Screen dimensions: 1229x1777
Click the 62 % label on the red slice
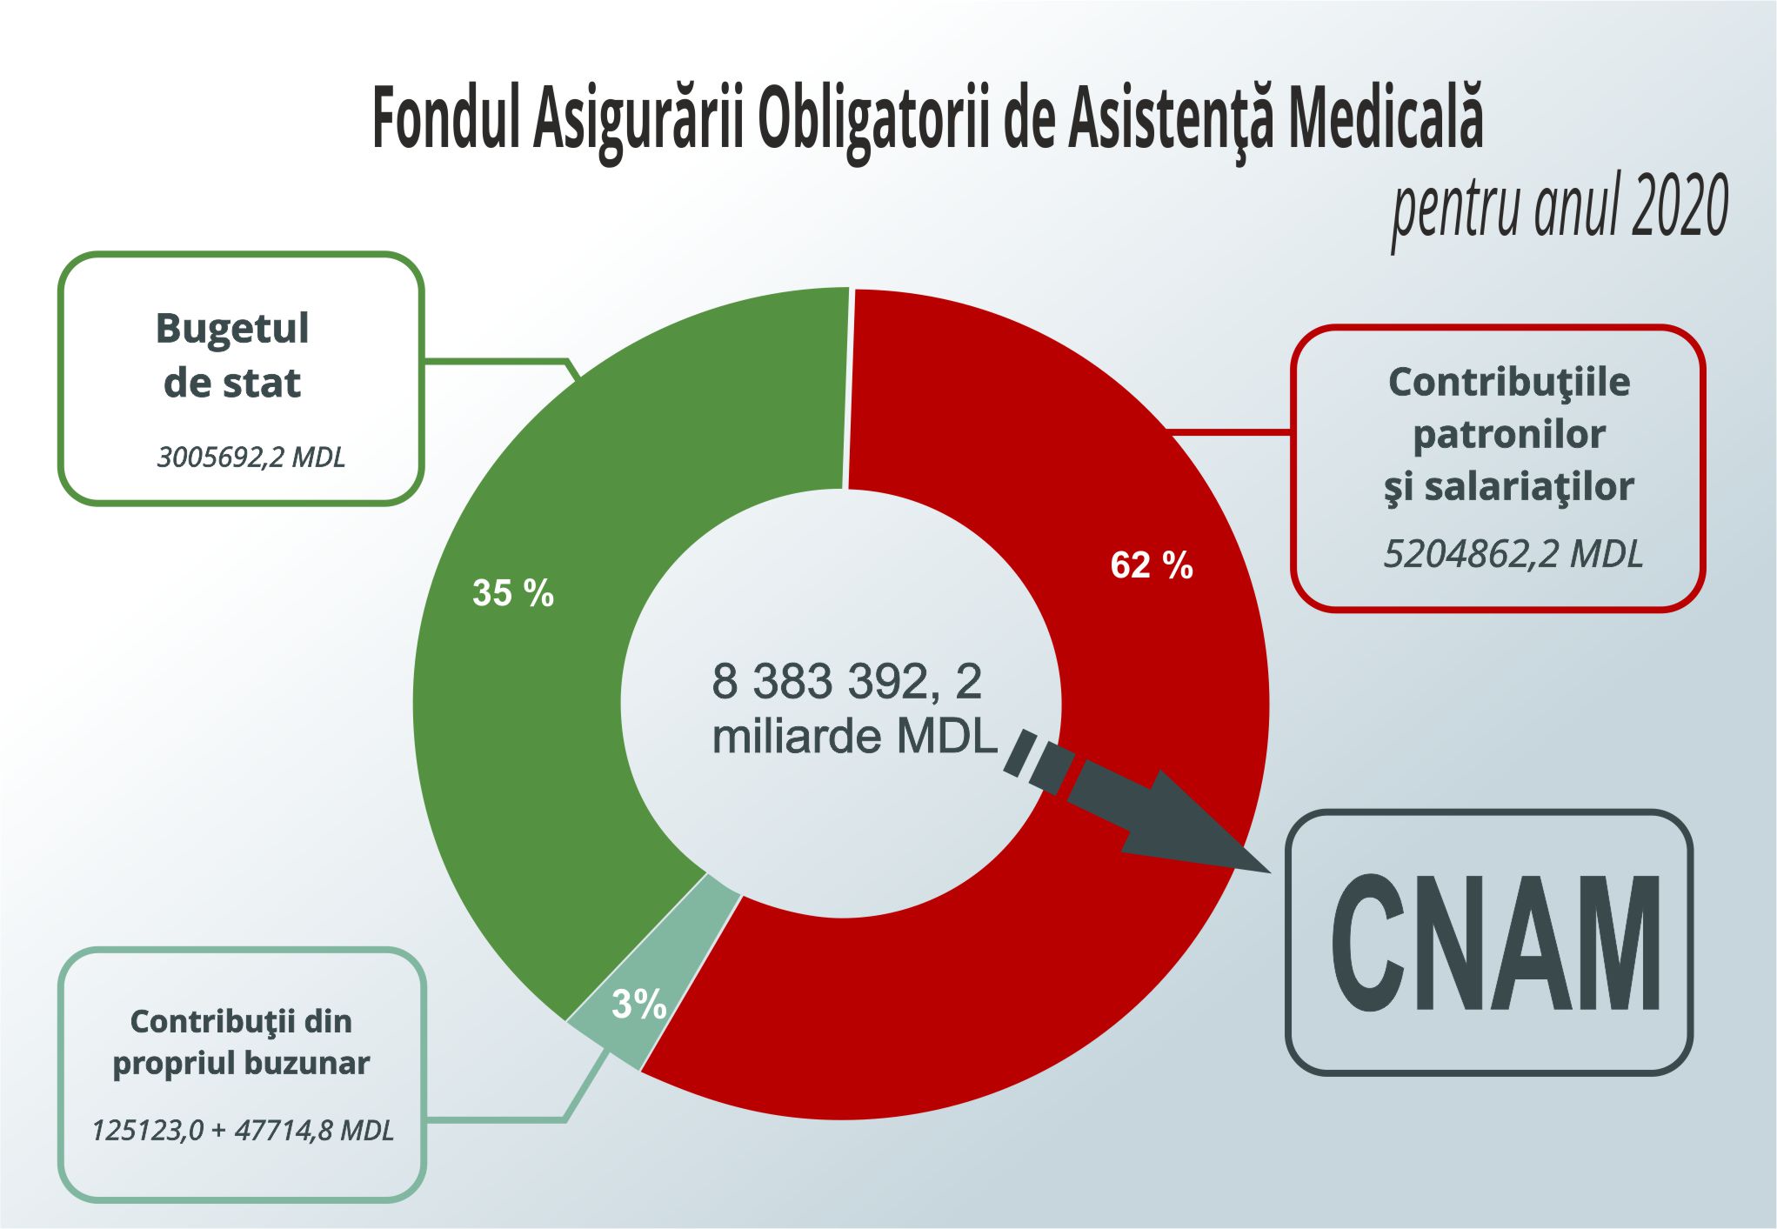click(x=1151, y=565)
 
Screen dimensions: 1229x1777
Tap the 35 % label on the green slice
click(x=512, y=593)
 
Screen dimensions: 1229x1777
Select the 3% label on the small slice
click(x=638, y=1005)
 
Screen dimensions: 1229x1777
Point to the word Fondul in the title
click(x=446, y=119)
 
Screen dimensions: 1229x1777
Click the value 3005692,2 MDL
click(x=251, y=458)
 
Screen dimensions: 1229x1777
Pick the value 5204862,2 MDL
click(x=1513, y=554)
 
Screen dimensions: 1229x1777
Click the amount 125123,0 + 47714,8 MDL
click(x=242, y=1131)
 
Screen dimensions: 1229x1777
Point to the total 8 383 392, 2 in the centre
click(x=846, y=681)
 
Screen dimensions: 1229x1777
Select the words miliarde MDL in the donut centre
click(x=854, y=737)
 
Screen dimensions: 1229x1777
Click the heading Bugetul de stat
click(x=232, y=356)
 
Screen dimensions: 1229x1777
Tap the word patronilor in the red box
click(x=1508, y=434)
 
